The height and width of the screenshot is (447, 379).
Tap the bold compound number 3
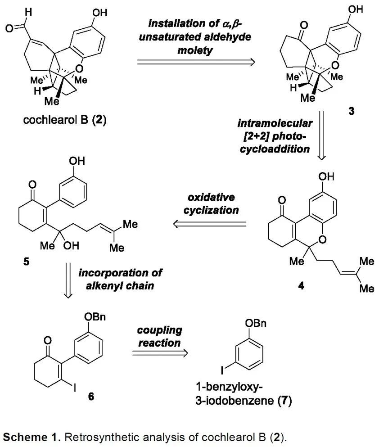(x=351, y=111)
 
